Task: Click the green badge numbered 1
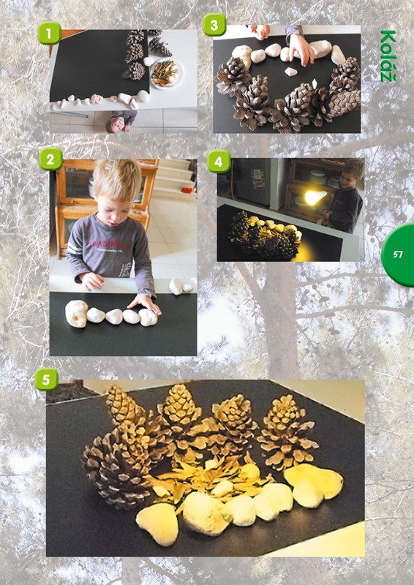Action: click(49, 33)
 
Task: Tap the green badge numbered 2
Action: click(50, 159)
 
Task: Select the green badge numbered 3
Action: click(214, 25)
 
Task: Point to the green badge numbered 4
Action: click(219, 162)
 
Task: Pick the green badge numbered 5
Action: click(46, 379)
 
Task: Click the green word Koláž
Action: click(388, 56)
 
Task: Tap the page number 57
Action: click(398, 254)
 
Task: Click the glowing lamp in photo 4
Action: click(315, 197)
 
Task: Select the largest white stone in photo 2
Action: click(77, 314)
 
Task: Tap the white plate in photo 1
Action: click(167, 74)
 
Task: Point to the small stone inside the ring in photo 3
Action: click(291, 71)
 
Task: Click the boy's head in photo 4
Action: click(353, 172)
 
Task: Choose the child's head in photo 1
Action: click(115, 124)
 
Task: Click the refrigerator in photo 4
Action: click(253, 181)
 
